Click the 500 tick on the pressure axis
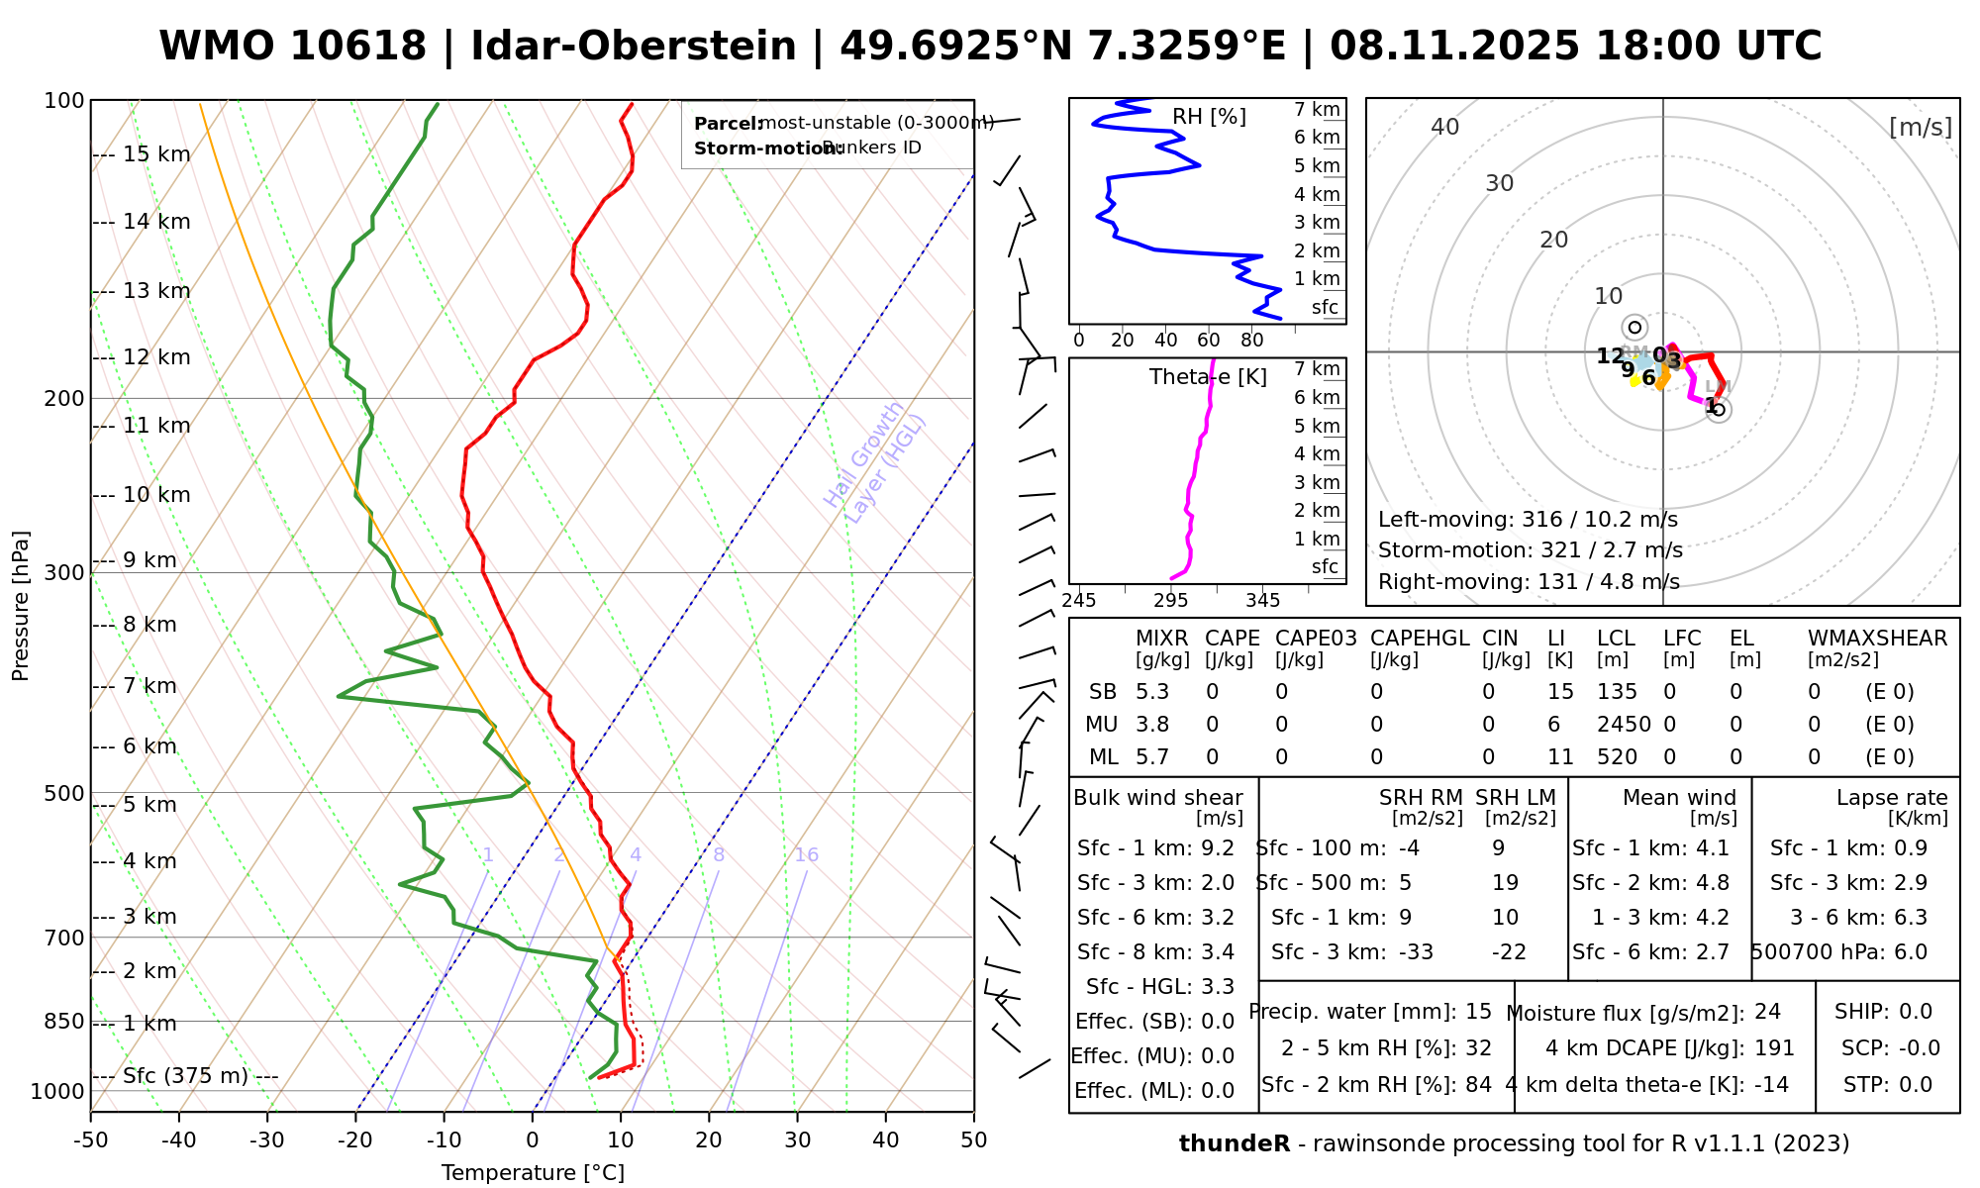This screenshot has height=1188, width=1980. [64, 793]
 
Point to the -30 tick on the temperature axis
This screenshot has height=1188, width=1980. [267, 1140]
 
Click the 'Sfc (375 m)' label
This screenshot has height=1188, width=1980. [185, 1076]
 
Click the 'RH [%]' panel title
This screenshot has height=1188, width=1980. [1209, 117]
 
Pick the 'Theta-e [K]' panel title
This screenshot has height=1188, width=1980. [1208, 377]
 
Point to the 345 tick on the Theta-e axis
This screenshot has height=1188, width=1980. [1262, 601]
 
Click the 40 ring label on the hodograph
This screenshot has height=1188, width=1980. [1445, 127]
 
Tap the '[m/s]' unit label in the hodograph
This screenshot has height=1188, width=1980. [1921, 128]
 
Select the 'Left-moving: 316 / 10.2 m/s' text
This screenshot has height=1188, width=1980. [1528, 520]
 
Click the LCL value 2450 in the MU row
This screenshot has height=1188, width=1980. [1624, 725]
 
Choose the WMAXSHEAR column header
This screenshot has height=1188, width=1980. [1877, 639]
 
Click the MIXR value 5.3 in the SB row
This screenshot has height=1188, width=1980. [1152, 692]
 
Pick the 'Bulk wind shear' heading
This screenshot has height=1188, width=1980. [1158, 798]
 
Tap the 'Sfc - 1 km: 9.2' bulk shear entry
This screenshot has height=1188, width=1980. [1155, 848]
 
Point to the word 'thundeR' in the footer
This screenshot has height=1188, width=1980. [1234, 1144]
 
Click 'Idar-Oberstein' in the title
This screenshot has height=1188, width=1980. [634, 47]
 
